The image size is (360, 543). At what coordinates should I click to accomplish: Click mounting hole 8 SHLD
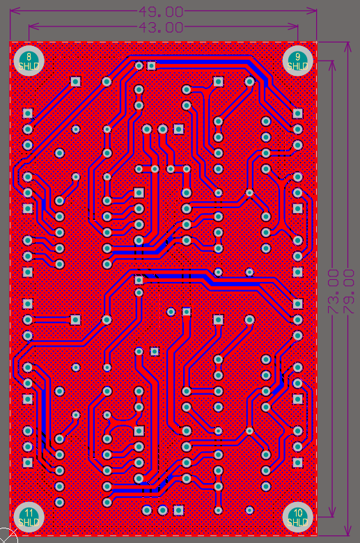click(29, 61)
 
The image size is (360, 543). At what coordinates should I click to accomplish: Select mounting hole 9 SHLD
click(297, 61)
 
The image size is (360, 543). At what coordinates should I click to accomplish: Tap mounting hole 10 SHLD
click(297, 517)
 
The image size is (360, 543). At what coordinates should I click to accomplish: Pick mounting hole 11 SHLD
click(29, 517)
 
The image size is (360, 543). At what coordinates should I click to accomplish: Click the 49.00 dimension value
click(161, 12)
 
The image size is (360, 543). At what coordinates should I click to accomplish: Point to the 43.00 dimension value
click(161, 27)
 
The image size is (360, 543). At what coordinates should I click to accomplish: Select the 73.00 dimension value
click(333, 292)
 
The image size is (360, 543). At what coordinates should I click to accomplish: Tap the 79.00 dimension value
click(349, 292)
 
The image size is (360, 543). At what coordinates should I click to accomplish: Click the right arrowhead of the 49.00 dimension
click(313, 11)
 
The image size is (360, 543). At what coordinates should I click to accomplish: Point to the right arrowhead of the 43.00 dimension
click(295, 26)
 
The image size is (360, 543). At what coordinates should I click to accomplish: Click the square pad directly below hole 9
click(297, 113)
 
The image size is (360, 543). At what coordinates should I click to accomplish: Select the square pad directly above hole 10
click(297, 462)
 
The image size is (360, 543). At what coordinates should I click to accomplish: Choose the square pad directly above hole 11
click(28, 462)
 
